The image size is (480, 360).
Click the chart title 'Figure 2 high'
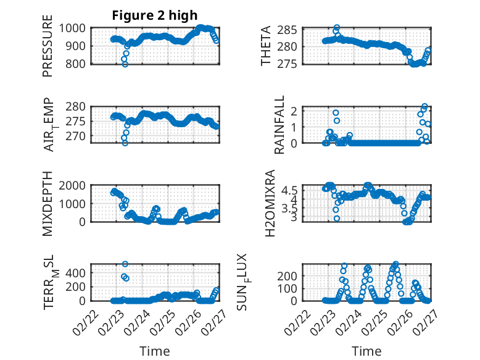155,15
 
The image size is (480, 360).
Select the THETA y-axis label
266,46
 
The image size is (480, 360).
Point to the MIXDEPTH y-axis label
48,203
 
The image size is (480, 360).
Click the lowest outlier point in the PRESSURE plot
125,64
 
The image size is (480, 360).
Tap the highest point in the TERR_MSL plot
125,264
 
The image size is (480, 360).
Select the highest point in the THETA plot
336,28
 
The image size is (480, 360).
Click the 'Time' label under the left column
154,351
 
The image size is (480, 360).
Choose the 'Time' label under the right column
366,351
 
